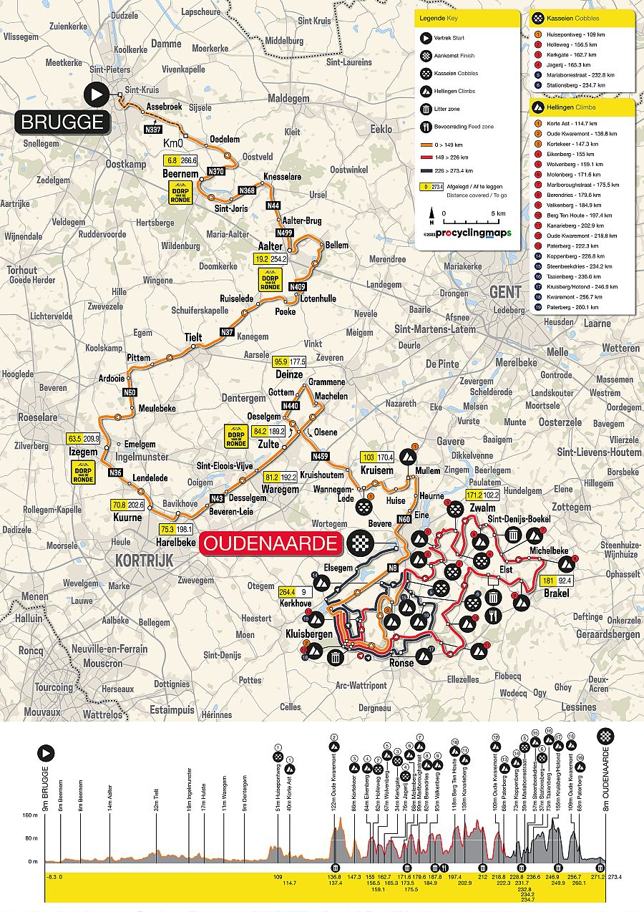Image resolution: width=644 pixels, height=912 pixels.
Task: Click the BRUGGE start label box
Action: (62, 122)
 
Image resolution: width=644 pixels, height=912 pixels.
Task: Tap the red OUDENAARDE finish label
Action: (270, 543)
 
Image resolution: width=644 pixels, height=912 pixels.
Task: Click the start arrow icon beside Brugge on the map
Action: (96, 94)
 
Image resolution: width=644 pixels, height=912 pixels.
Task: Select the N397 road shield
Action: (153, 130)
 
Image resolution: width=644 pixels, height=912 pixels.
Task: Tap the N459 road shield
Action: (319, 456)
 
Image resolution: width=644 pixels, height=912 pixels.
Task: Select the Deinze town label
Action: (289, 374)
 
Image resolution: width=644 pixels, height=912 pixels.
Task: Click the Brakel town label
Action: (555, 593)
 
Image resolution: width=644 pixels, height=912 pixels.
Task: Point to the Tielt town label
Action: (193, 336)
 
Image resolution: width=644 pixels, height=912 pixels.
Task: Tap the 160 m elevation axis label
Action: (29, 815)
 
